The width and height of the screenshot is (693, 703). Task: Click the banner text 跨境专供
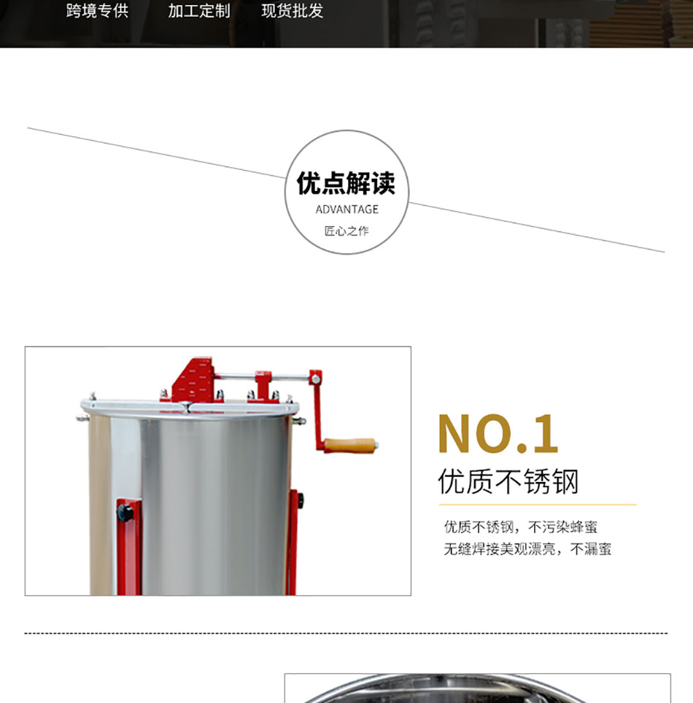pos(97,11)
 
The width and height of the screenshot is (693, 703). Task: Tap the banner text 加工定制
pos(199,11)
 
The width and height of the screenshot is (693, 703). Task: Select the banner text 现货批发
pos(293,11)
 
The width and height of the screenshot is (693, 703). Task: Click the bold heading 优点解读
pos(346,183)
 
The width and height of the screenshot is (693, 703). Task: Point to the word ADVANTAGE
pos(346,209)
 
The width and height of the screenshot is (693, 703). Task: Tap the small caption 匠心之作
pos(346,231)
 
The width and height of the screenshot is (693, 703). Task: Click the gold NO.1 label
pos(498,434)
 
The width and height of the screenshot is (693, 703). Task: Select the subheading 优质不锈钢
pos(508,481)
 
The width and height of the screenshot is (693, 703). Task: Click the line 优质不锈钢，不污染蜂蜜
pos(521,527)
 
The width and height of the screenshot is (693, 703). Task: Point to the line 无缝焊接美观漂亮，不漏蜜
pos(527,549)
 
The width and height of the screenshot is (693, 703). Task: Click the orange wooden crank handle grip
pos(350,446)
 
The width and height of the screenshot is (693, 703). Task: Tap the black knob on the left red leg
pos(125,513)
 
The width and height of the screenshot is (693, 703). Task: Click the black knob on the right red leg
pos(300,500)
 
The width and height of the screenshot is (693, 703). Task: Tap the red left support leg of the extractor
pos(129,547)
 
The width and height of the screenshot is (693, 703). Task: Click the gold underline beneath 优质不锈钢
pos(538,505)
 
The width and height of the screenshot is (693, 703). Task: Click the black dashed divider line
pos(346,634)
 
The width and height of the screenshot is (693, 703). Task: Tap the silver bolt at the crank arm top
pos(316,380)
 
